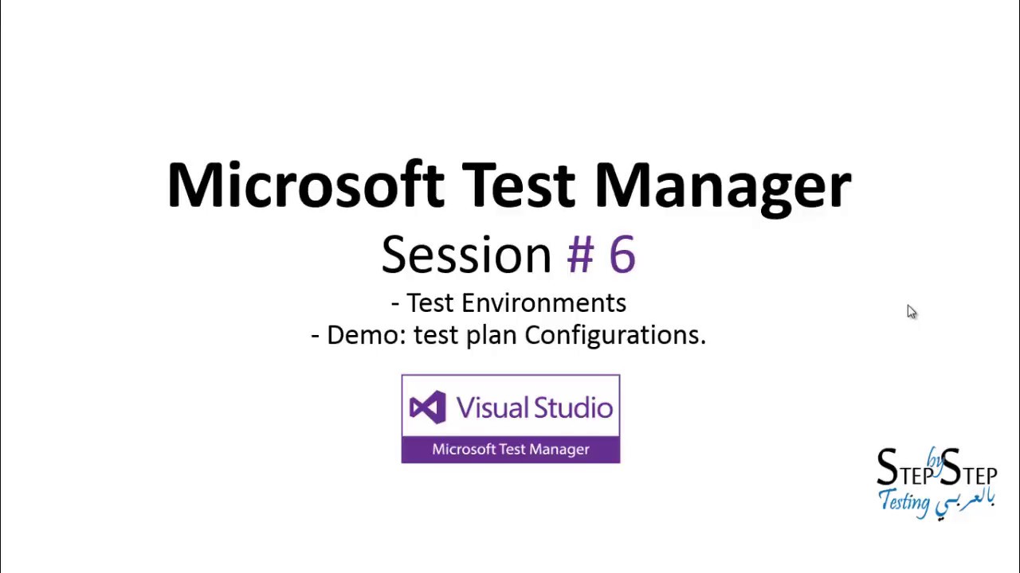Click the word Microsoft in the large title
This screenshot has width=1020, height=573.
pyautogui.click(x=305, y=185)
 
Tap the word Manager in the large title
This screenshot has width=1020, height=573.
pyautogui.click(x=722, y=185)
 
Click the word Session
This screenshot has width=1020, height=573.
pyautogui.click(x=466, y=255)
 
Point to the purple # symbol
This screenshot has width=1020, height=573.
pyautogui.click(x=580, y=255)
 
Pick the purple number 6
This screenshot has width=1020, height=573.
pyautogui.click(x=622, y=255)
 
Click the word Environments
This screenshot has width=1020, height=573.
pyautogui.click(x=543, y=303)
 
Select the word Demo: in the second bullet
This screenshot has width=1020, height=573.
pyautogui.click(x=367, y=335)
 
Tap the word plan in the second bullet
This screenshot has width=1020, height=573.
pyautogui.click(x=491, y=336)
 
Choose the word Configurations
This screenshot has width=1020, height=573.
pyautogui.click(x=614, y=336)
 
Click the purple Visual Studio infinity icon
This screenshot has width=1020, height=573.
pyautogui.click(x=427, y=407)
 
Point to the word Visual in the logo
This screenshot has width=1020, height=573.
pyautogui.click(x=490, y=407)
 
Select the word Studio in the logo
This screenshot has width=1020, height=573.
pyautogui.click(x=573, y=407)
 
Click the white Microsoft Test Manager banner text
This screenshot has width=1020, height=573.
pyautogui.click(x=511, y=450)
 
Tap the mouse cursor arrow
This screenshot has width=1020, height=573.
pyautogui.click(x=911, y=311)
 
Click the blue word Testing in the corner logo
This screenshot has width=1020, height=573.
pyautogui.click(x=904, y=502)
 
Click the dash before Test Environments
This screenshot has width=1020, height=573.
pyautogui.click(x=395, y=304)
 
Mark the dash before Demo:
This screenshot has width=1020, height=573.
pyautogui.click(x=316, y=336)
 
